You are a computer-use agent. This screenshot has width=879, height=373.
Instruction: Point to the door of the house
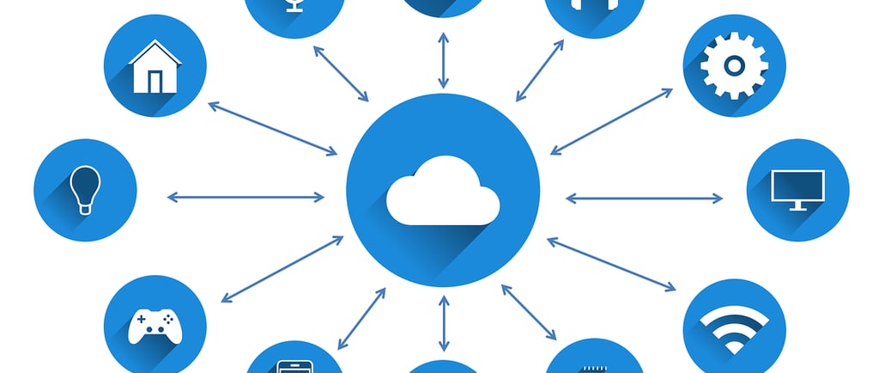155,81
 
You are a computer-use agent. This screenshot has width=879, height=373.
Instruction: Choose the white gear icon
734,65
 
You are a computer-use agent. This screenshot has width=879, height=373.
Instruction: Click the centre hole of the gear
734,65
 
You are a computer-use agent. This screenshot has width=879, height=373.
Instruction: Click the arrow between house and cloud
273,129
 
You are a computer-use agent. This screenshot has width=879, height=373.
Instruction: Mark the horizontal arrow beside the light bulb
246,198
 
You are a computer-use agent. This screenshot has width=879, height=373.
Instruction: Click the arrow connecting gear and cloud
611,121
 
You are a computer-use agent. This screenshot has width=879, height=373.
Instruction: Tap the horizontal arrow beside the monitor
644,199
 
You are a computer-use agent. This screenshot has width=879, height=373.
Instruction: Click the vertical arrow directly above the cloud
443,61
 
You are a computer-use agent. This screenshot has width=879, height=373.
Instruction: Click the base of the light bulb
84,207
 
